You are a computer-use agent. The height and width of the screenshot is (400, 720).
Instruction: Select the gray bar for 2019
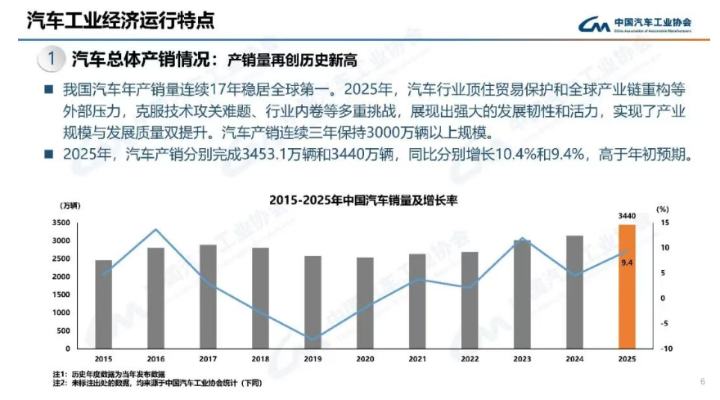pos(313,302)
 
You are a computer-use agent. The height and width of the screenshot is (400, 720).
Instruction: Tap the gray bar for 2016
pos(155,298)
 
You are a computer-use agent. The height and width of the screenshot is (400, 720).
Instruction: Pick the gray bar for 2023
pos(521,294)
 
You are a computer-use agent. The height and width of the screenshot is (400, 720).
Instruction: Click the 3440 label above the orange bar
pos(626,216)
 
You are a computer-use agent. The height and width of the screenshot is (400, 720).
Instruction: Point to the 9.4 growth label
pos(627,263)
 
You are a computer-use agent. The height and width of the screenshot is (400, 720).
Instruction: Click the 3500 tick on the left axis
pos(60,223)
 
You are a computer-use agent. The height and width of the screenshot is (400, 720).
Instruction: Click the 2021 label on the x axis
pos(417,358)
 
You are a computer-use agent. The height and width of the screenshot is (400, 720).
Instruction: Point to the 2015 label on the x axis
pos(103,358)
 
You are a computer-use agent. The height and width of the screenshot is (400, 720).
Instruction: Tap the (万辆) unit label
pos(70,204)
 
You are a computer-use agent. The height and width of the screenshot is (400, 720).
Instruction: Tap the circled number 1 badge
pos(51,59)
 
